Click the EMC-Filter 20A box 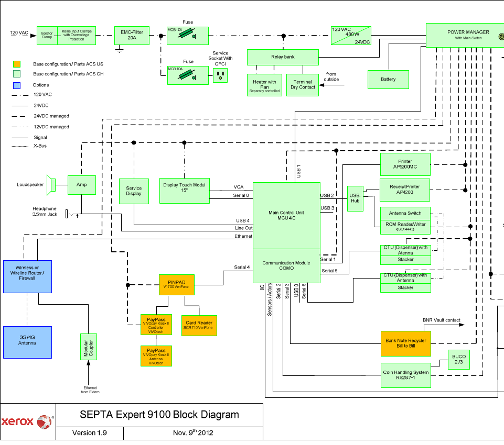point(132,35)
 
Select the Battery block point(388,79)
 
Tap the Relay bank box point(282,57)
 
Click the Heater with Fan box point(264,85)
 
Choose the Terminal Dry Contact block point(303,85)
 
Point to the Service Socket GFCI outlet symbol point(220,76)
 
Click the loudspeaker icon point(51,184)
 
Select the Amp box point(81,185)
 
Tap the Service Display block point(134,191)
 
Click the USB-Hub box point(355,198)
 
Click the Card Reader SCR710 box point(199,325)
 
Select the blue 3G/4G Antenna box point(27,342)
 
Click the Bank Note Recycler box point(405,343)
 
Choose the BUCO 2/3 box point(458,359)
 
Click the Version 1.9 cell point(89,433)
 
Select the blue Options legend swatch point(17,85)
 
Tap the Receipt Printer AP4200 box point(405,190)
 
